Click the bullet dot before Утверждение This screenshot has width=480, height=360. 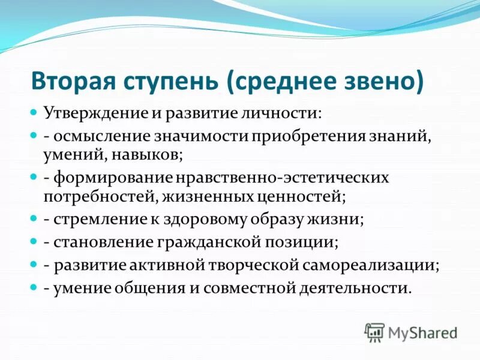click(x=34, y=112)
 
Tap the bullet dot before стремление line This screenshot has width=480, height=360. click(x=34, y=219)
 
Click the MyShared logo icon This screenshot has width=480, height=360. click(x=374, y=331)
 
